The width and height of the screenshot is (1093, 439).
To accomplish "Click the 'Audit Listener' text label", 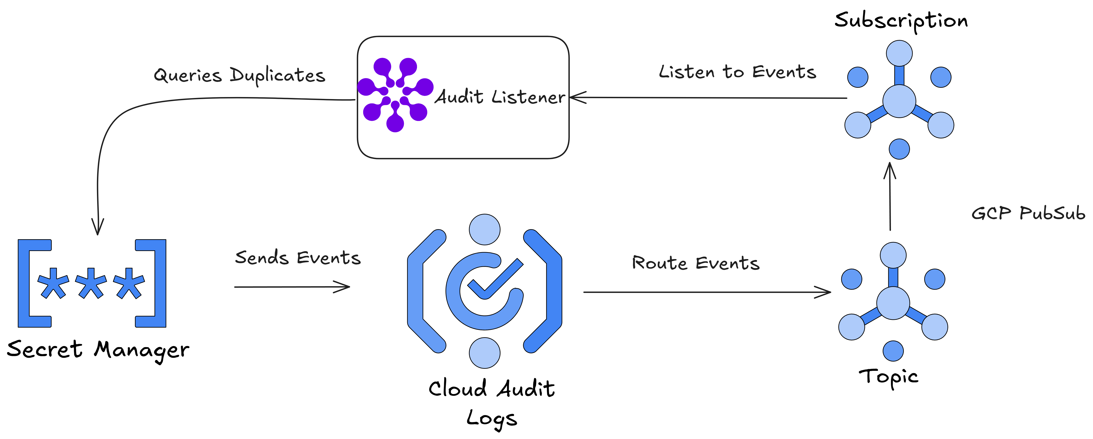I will (500, 97).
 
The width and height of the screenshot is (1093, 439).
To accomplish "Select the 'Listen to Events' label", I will (737, 72).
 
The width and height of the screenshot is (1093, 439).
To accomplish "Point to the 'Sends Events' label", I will (298, 258).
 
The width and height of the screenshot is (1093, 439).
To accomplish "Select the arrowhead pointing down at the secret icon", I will (98, 229).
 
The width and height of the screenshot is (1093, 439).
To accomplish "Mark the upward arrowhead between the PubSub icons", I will (890, 167).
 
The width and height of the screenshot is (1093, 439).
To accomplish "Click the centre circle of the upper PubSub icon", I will (899, 101).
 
